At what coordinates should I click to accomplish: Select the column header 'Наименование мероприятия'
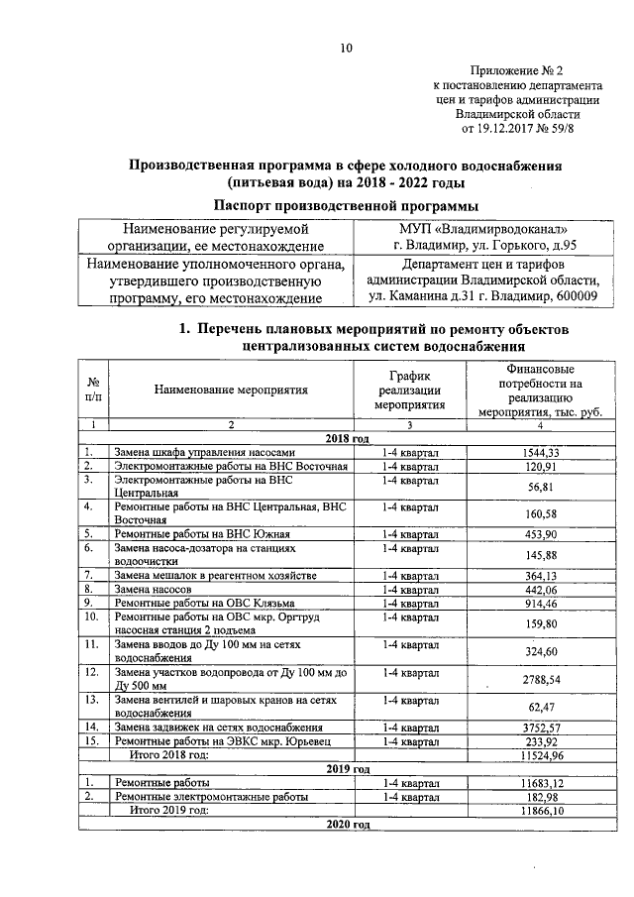click(x=231, y=390)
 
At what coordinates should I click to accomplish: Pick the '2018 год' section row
click(x=347, y=437)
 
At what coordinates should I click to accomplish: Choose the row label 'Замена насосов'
click(x=152, y=588)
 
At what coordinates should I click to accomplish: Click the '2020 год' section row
click(x=347, y=825)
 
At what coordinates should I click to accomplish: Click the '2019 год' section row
click(x=347, y=768)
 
